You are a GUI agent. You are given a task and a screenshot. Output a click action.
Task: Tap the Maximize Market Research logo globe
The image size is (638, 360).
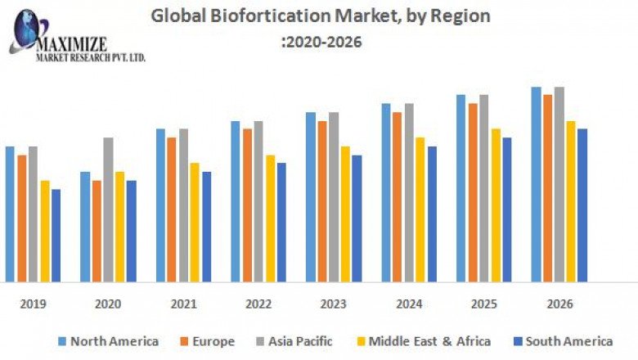27,30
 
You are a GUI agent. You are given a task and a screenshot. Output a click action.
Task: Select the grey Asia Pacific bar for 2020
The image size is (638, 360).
108,209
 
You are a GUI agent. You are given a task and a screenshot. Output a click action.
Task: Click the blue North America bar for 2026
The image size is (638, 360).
536,184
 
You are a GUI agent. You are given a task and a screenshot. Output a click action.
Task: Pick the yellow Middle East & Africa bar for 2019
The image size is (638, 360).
44,231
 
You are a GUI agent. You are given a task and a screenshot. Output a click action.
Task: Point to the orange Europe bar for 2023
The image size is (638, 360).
322,201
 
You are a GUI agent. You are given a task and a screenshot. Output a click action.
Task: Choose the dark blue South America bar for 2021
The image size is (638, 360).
206,227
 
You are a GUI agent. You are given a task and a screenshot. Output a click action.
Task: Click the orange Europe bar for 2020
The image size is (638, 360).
97,231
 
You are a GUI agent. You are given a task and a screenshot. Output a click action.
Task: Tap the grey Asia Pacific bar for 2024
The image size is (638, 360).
409,192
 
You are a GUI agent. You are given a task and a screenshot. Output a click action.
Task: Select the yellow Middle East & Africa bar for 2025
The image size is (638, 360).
496,205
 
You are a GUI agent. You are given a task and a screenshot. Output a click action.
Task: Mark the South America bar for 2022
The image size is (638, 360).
281,222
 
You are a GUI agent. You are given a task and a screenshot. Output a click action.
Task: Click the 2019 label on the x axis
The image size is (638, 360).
33,304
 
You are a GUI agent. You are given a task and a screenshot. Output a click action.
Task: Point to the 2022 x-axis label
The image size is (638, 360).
258,304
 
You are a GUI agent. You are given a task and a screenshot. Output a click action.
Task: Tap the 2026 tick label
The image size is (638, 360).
559,304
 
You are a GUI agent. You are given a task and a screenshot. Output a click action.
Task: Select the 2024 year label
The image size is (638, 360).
409,304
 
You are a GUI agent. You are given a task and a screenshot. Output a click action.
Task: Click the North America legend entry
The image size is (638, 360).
108,341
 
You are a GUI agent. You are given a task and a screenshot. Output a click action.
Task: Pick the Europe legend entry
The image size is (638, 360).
206,341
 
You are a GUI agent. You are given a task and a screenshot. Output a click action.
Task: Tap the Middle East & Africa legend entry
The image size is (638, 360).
423,341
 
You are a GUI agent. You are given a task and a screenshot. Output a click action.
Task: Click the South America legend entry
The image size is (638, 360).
562,341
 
